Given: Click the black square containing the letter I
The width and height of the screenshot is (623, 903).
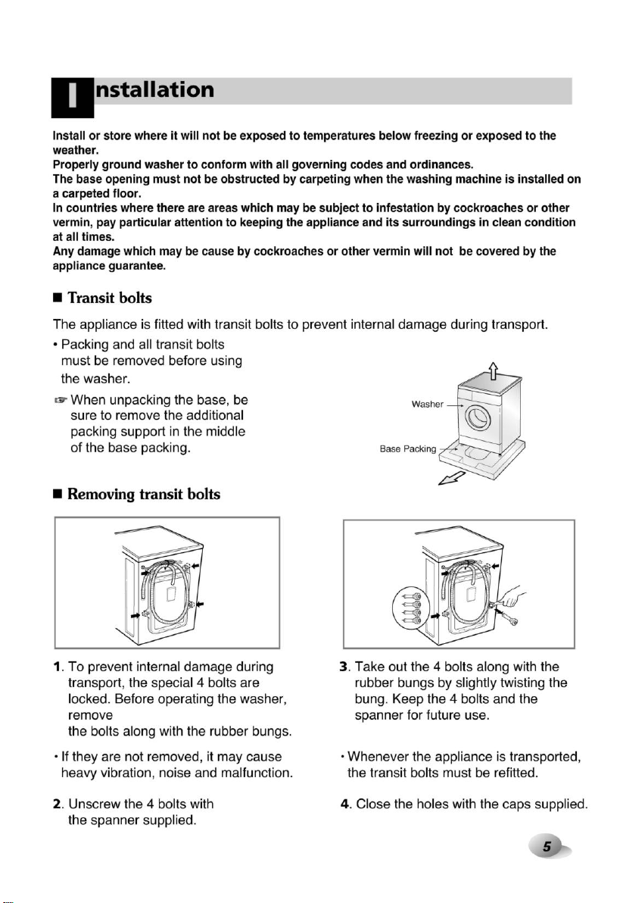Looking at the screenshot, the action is tap(73, 97).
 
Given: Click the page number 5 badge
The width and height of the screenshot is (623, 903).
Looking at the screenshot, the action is tap(549, 846).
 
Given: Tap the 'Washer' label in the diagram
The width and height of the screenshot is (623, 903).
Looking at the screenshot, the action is tap(428, 405).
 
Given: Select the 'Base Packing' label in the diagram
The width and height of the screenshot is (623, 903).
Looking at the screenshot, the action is tap(408, 449).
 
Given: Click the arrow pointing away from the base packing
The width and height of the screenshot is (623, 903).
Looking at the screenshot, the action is tap(452, 478).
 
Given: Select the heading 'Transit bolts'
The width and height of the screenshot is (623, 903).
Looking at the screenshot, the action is tap(110, 298).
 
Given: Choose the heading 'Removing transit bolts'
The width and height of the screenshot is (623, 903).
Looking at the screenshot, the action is tap(144, 494).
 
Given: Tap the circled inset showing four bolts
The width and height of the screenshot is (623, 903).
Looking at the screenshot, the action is tap(411, 608).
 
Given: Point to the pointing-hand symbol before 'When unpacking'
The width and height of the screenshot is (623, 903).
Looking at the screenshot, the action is tap(61, 400).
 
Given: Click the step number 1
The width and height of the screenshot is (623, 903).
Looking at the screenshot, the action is tap(57, 667).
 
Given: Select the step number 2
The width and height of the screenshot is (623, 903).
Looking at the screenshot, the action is tap(57, 804).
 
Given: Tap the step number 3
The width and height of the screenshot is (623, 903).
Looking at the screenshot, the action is tap(344, 667).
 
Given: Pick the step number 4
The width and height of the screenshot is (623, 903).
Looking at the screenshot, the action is tap(345, 804).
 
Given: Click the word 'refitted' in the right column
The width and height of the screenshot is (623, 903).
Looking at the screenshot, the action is tap(514, 773).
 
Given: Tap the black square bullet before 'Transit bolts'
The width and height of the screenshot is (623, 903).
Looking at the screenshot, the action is tap(57, 298).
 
